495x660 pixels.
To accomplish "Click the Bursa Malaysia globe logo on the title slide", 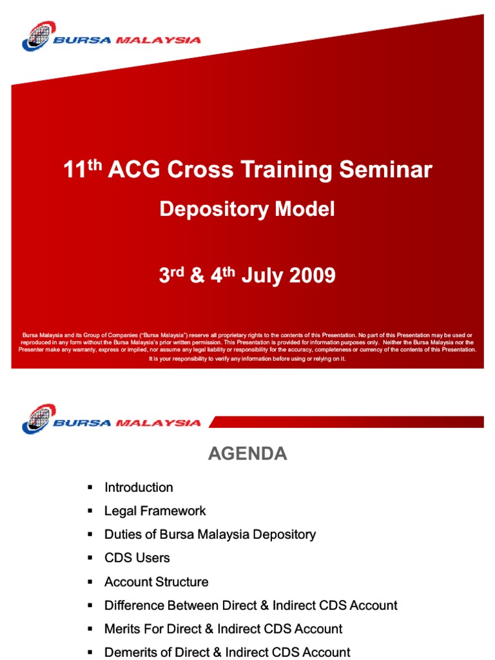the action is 39,36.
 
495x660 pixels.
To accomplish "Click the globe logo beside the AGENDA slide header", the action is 39,419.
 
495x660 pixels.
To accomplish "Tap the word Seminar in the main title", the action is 385,170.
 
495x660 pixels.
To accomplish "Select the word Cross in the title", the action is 200,170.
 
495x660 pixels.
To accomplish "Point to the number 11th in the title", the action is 82,168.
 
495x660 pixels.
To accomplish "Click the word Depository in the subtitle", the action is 214,209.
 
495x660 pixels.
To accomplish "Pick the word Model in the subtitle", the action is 305,209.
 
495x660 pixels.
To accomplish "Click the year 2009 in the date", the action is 312,275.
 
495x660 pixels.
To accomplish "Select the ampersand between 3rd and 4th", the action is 197,275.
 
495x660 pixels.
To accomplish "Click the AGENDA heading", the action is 247,454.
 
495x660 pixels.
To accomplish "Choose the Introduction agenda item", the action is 139,487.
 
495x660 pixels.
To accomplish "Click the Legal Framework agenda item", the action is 155,511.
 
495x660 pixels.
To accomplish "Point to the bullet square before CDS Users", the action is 90,558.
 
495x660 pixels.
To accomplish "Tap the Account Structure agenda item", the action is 156,582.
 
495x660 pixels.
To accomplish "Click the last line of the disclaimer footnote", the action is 247,358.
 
